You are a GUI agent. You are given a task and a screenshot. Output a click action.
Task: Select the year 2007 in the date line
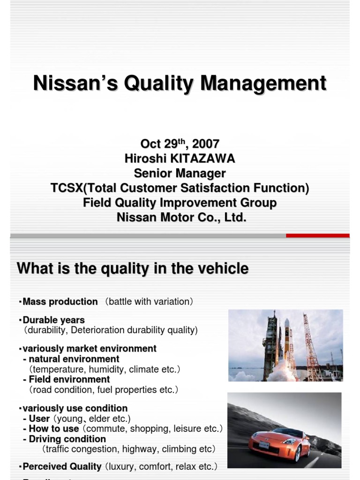coord(206,144)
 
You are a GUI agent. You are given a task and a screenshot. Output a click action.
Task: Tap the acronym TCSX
coord(65,188)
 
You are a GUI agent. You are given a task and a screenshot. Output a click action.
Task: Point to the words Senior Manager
coord(180,173)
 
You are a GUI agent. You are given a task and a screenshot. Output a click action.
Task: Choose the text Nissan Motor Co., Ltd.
coord(181,217)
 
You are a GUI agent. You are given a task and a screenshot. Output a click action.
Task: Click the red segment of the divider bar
coord(317,235)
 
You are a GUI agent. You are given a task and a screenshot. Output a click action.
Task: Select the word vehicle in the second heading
coord(222,269)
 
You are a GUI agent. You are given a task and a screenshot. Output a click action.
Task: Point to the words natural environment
coord(74,359)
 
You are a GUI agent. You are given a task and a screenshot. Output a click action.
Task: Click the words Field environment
coord(69,379)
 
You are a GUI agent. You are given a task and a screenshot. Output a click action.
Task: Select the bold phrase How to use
coord(54,428)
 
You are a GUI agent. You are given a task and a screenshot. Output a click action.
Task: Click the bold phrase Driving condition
coord(67,439)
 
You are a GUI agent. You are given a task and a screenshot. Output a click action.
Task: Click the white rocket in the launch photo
coord(286,340)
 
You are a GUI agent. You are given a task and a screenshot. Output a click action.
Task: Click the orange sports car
coord(280,442)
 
